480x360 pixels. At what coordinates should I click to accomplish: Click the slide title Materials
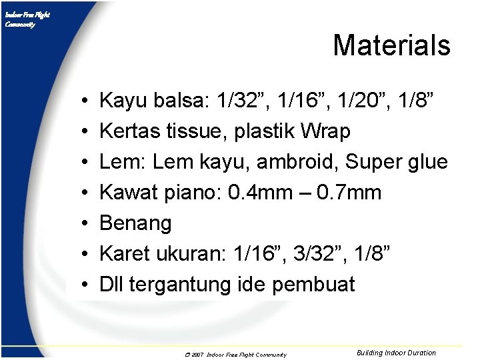391,45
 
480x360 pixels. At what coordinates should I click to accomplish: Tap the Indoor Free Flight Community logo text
27,19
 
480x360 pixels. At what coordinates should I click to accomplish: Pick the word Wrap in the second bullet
325,131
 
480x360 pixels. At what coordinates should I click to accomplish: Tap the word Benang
135,223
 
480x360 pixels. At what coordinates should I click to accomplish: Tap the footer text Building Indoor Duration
396,353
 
